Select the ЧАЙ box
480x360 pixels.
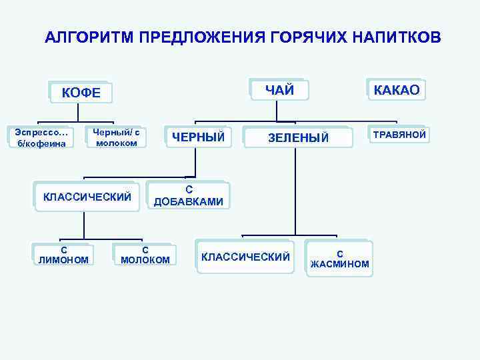click(279, 90)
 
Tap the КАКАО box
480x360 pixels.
click(396, 90)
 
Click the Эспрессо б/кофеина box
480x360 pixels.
click(37, 137)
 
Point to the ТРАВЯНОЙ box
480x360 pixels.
click(399, 135)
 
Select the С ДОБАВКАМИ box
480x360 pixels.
click(189, 195)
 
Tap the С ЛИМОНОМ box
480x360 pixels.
click(63, 255)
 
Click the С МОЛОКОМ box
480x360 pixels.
click(145, 255)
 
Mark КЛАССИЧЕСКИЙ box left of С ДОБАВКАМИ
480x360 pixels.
click(87, 196)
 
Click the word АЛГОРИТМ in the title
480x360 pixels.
click(90, 37)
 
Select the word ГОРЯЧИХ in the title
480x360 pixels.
click(303, 37)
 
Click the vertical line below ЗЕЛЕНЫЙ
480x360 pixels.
click(293, 193)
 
